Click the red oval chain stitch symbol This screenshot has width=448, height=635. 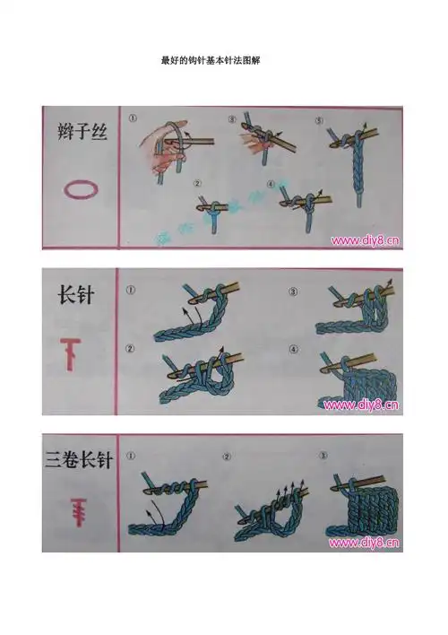tap(77, 190)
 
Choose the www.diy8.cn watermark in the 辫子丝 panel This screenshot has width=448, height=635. tap(365, 240)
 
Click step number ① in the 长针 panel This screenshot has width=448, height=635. tap(131, 291)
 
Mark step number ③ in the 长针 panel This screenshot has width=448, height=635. tap(291, 291)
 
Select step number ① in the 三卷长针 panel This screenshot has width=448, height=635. tap(131, 456)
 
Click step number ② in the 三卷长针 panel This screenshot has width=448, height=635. tap(227, 456)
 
